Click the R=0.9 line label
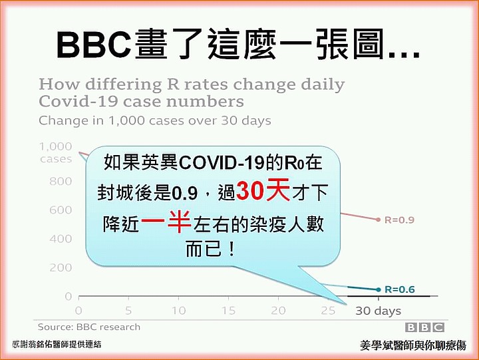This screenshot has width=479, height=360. (x=399, y=220)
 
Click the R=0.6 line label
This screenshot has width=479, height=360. (x=400, y=289)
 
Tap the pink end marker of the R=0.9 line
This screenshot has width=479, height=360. (x=379, y=220)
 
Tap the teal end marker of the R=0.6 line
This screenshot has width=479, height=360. (x=379, y=289)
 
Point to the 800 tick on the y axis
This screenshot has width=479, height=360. (x=61, y=181)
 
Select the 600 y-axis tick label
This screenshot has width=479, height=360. (x=61, y=210)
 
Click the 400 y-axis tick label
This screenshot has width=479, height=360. (x=61, y=239)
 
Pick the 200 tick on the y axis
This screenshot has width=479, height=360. (x=61, y=268)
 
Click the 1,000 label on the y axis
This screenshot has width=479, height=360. (x=56, y=146)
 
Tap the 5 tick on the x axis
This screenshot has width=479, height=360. (x=128, y=311)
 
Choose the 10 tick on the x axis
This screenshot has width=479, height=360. (x=178, y=311)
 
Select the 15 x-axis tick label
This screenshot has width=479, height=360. (x=228, y=311)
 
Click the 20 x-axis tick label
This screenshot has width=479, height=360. (x=278, y=311)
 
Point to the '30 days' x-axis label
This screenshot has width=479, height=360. (x=378, y=311)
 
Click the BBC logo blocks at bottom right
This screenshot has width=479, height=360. (x=424, y=327)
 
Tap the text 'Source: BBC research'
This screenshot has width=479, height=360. (x=89, y=327)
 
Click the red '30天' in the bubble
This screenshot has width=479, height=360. (x=263, y=191)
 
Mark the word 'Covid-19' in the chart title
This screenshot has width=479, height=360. (x=79, y=101)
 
